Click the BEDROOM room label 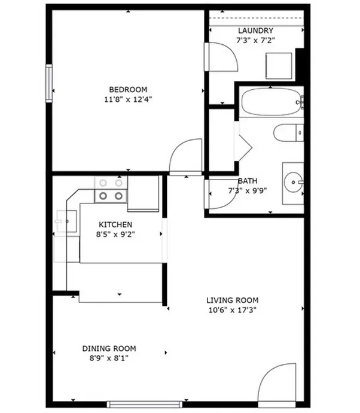[x=128, y=90]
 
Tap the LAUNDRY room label [x=255, y=31]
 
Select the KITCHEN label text [x=115, y=224]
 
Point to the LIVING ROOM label [x=233, y=300]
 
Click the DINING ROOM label [x=109, y=348]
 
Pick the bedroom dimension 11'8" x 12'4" [x=128, y=99]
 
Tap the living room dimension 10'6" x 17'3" [x=233, y=310]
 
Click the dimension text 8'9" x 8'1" [x=109, y=358]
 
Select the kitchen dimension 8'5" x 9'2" [x=115, y=234]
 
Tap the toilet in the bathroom [x=289, y=132]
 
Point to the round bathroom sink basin [x=294, y=182]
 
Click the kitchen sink [x=66, y=221]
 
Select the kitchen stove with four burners [x=111, y=189]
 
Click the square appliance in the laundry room [x=279, y=66]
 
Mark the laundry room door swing [x=230, y=50]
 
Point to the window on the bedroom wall [x=49, y=83]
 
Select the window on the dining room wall [x=145, y=404]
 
